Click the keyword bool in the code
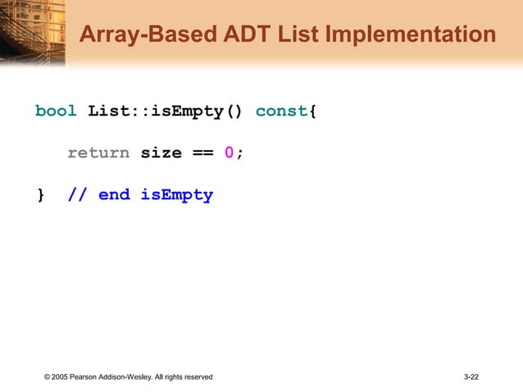point(56,111)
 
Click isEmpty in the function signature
point(187,111)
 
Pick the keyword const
point(282,111)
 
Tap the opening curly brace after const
point(312,111)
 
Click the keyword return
point(98,153)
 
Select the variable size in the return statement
point(161,153)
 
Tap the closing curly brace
point(40,195)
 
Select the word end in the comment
point(114,195)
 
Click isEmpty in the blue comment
point(176,195)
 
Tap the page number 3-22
point(471,376)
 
